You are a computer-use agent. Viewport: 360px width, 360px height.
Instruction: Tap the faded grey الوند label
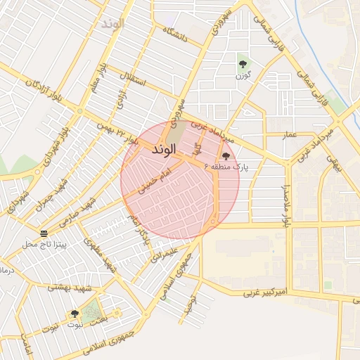click(x=112, y=23)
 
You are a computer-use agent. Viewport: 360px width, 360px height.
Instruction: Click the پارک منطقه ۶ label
click(x=226, y=167)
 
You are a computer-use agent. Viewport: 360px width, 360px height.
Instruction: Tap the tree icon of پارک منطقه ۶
click(x=226, y=156)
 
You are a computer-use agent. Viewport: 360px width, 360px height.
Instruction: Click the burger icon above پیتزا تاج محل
click(x=44, y=233)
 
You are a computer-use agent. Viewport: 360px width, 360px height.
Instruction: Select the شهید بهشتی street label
click(x=66, y=287)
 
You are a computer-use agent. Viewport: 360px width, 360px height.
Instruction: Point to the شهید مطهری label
click(x=101, y=255)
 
